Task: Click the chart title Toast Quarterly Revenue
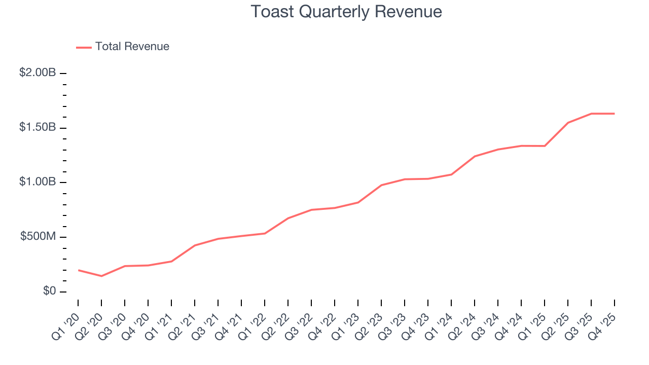[346, 12]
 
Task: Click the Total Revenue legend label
[132, 47]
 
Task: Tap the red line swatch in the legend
[84, 47]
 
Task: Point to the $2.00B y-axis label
[38, 73]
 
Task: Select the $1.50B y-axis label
[38, 127]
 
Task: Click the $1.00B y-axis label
[38, 182]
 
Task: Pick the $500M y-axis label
[38, 237]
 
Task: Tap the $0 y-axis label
[49, 291]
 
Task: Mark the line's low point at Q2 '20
[101, 276]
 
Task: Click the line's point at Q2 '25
[568, 123]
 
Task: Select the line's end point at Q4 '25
[615, 114]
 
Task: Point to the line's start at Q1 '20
[78, 270]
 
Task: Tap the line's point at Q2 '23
[381, 185]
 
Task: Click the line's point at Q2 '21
[195, 245]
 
